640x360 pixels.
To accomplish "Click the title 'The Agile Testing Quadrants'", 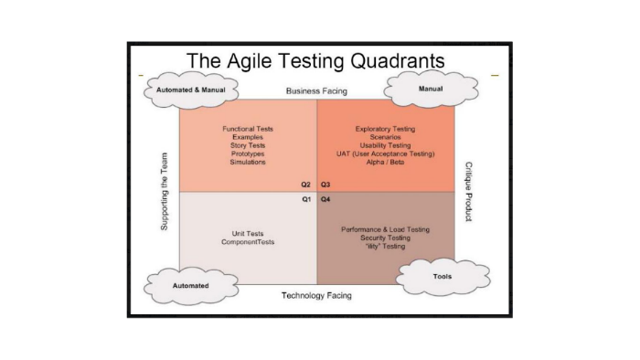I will (315, 60).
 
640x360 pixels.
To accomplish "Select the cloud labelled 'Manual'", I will (430, 89).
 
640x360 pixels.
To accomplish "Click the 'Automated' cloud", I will (191, 285).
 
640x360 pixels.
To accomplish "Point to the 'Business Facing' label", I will (316, 91).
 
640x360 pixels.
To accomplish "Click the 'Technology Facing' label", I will (316, 295).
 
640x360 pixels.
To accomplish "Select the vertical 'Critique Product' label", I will (467, 193).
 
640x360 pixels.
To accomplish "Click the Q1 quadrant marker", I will (307, 198).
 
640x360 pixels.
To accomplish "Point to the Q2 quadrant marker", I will (307, 185).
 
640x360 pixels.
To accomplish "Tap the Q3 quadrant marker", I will (325, 185).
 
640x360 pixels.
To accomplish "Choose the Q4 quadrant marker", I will (325, 198).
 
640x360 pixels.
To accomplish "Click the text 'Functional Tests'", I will (248, 129).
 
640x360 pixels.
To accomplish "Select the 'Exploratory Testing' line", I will (385, 129).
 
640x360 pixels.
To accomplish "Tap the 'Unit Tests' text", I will (248, 233).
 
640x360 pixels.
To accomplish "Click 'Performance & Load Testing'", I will (385, 229).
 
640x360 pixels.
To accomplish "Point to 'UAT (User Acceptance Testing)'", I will (385, 154).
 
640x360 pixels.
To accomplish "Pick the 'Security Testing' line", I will (385, 238).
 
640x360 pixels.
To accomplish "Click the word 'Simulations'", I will (248, 162).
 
